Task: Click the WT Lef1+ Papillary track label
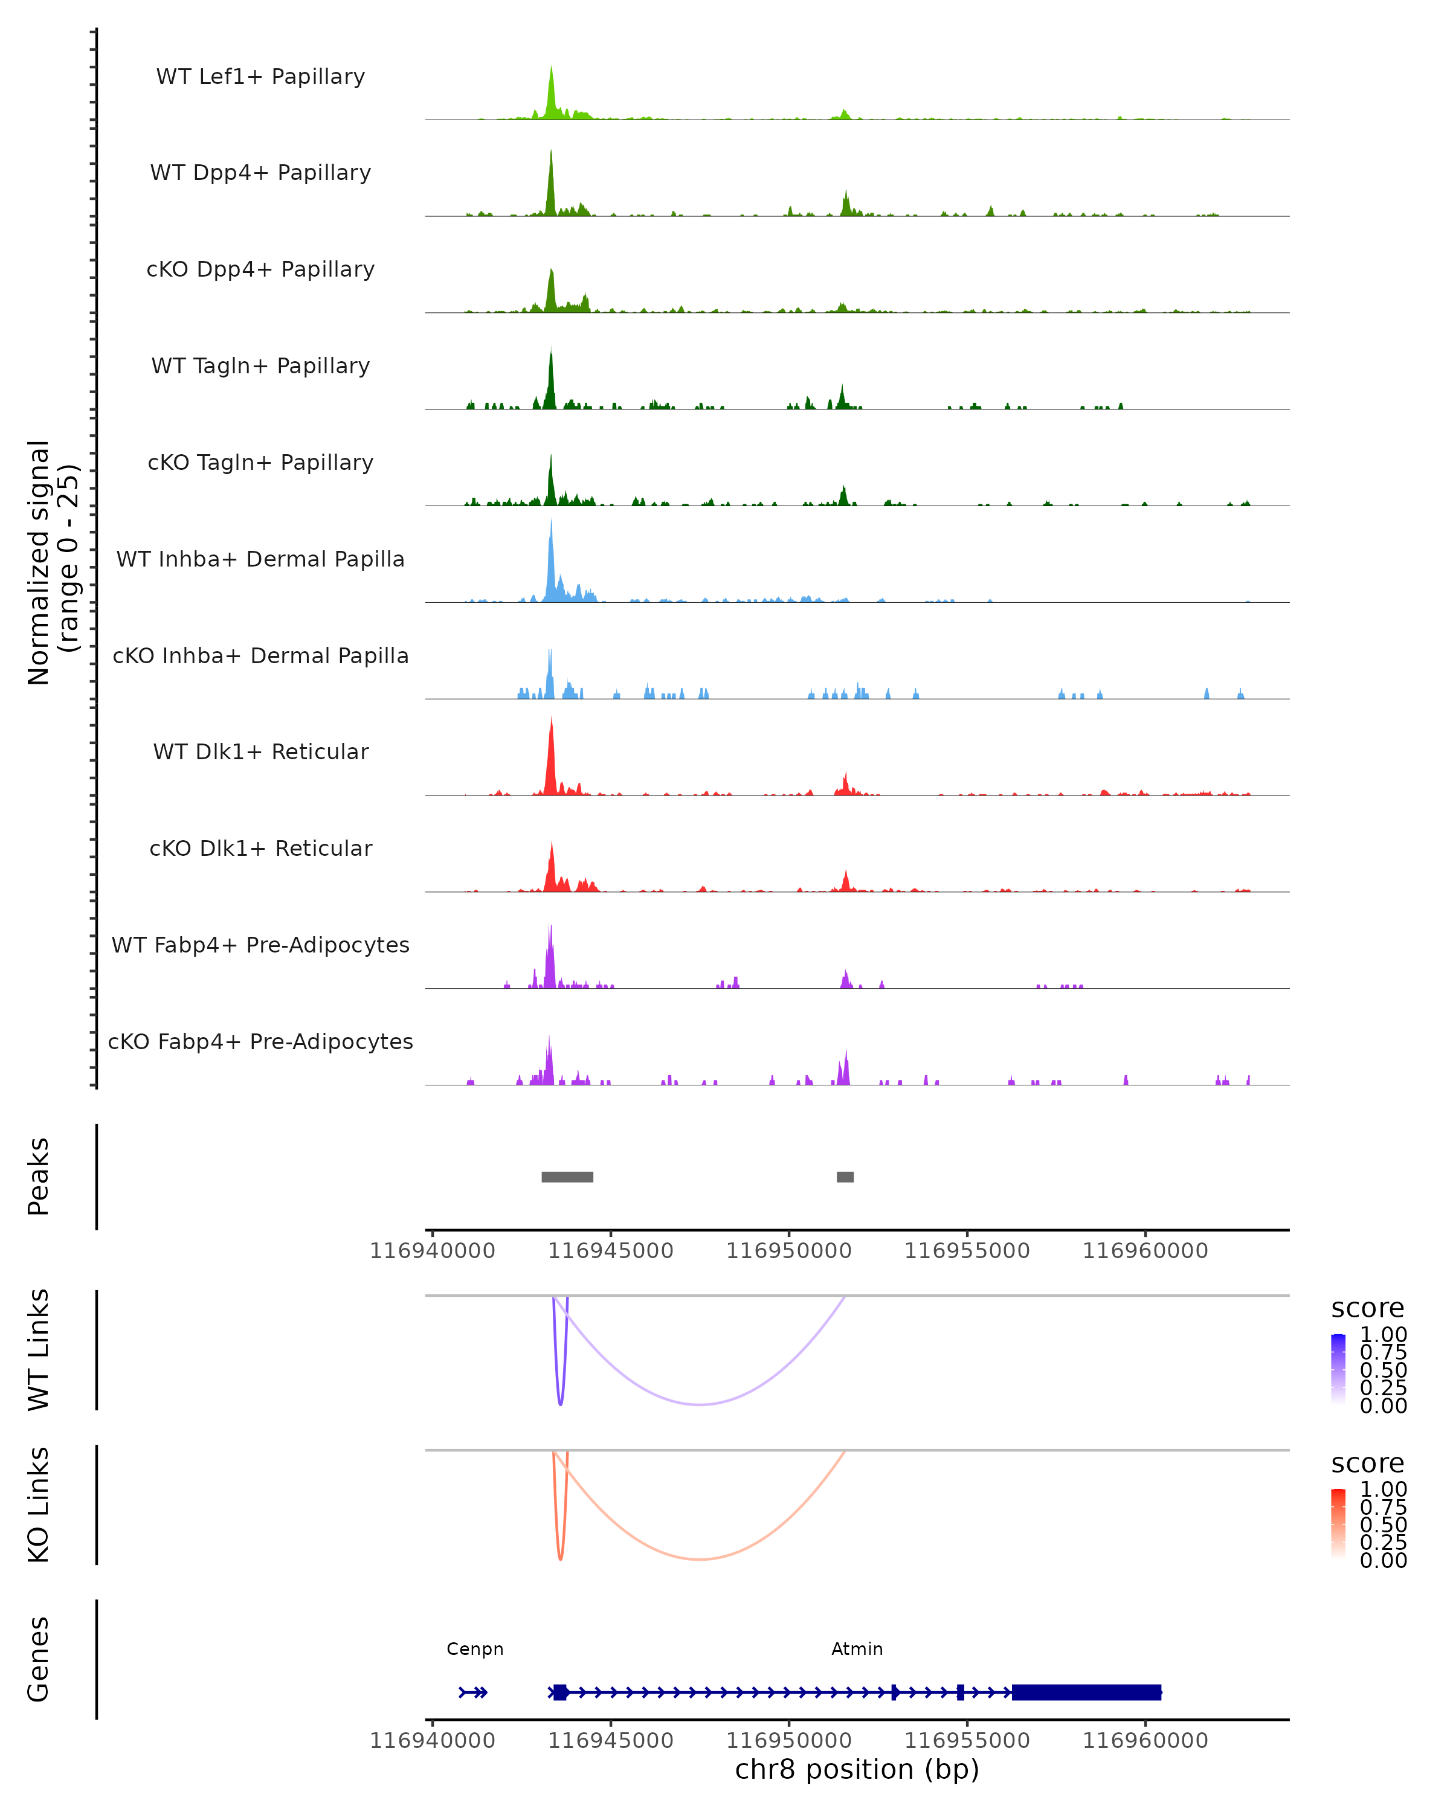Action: (x=260, y=77)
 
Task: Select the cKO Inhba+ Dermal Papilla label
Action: (x=260, y=655)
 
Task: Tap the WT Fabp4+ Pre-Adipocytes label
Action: (x=260, y=945)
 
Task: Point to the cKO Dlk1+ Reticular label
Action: (x=260, y=848)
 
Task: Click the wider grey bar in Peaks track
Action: (x=567, y=1177)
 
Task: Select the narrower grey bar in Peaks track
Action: (x=845, y=1177)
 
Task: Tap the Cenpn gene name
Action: (x=475, y=1649)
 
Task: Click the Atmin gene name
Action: (x=857, y=1649)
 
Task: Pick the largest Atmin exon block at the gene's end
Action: (x=1086, y=1692)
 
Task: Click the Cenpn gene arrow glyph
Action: (x=473, y=1692)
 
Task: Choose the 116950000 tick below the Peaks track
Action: (x=788, y=1251)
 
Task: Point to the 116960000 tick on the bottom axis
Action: (x=1145, y=1741)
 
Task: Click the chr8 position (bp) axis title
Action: (x=857, y=1769)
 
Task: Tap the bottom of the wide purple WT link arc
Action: (x=700, y=1404)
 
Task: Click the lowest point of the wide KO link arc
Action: (x=700, y=1559)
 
